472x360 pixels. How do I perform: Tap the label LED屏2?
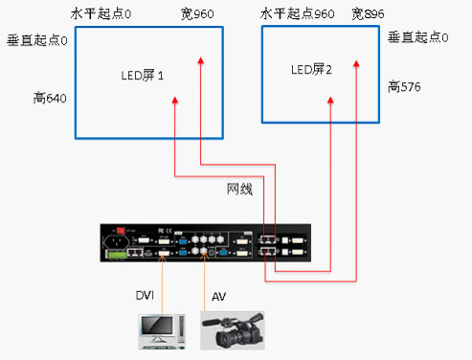(311, 70)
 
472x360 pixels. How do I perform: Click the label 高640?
(48, 99)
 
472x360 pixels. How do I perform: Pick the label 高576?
(405, 87)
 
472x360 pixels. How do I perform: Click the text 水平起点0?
(100, 14)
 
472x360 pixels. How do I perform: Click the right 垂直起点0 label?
(418, 37)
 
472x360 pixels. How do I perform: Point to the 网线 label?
(239, 189)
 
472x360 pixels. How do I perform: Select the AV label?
(218, 298)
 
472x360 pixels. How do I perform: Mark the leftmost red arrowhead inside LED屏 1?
(174, 100)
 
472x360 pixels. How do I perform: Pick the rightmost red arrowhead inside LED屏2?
(356, 64)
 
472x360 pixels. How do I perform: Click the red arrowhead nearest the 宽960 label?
(199, 61)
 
